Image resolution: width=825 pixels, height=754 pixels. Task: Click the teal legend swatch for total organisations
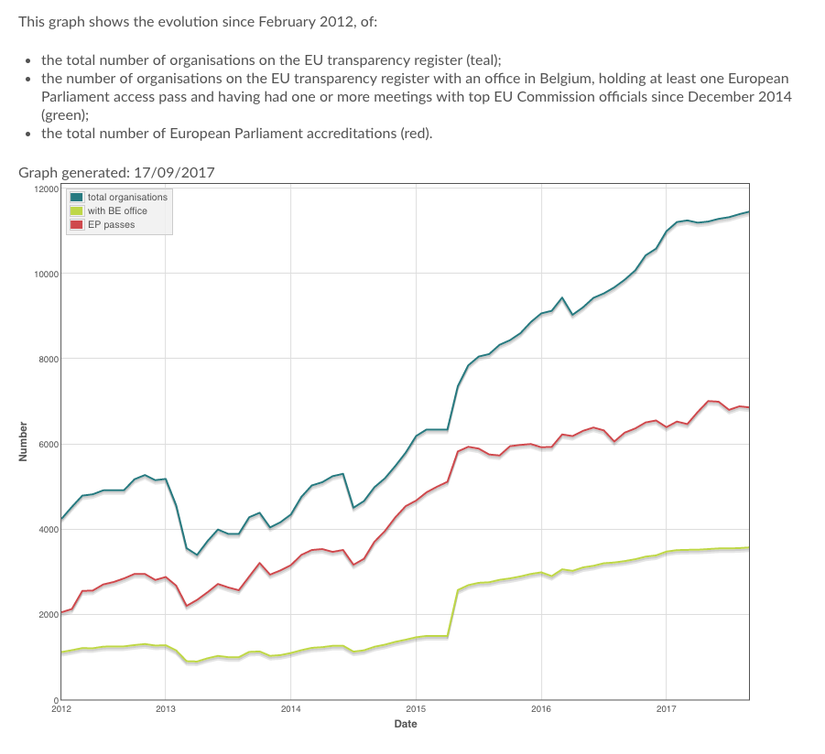[x=77, y=197]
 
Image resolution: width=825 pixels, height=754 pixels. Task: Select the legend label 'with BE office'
[x=117, y=210]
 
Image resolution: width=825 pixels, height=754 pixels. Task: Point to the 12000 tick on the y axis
[x=47, y=188]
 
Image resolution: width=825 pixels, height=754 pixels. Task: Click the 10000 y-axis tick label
[x=47, y=274]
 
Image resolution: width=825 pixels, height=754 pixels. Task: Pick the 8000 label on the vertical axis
[x=49, y=359]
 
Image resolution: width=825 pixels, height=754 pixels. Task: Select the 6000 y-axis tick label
[x=49, y=444]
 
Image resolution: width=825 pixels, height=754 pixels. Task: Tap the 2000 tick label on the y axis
[x=49, y=614]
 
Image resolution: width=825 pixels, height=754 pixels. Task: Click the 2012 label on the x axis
[x=61, y=708]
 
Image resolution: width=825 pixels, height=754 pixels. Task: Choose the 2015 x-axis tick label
[x=416, y=708]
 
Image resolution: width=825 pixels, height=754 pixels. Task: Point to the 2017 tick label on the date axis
[x=666, y=708]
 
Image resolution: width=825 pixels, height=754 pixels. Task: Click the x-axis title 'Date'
[x=406, y=724]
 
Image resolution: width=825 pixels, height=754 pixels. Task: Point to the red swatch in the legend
[x=77, y=224]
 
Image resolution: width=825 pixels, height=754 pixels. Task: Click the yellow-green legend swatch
[x=77, y=210]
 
